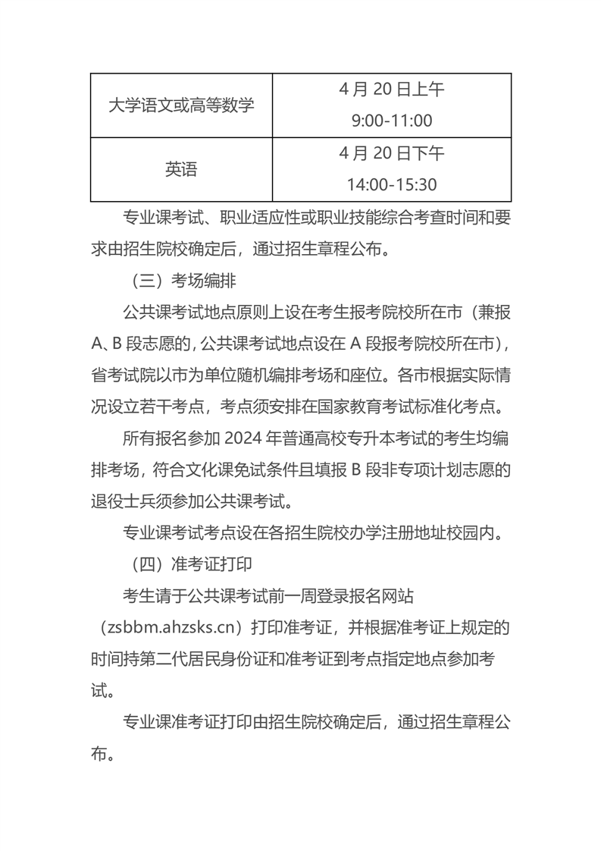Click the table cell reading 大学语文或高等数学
(x=181, y=105)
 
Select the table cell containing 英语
(x=181, y=169)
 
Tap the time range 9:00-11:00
(x=391, y=121)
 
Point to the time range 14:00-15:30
(x=391, y=185)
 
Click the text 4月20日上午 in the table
(x=391, y=89)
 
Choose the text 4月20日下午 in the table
(x=391, y=153)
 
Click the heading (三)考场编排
(x=180, y=281)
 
